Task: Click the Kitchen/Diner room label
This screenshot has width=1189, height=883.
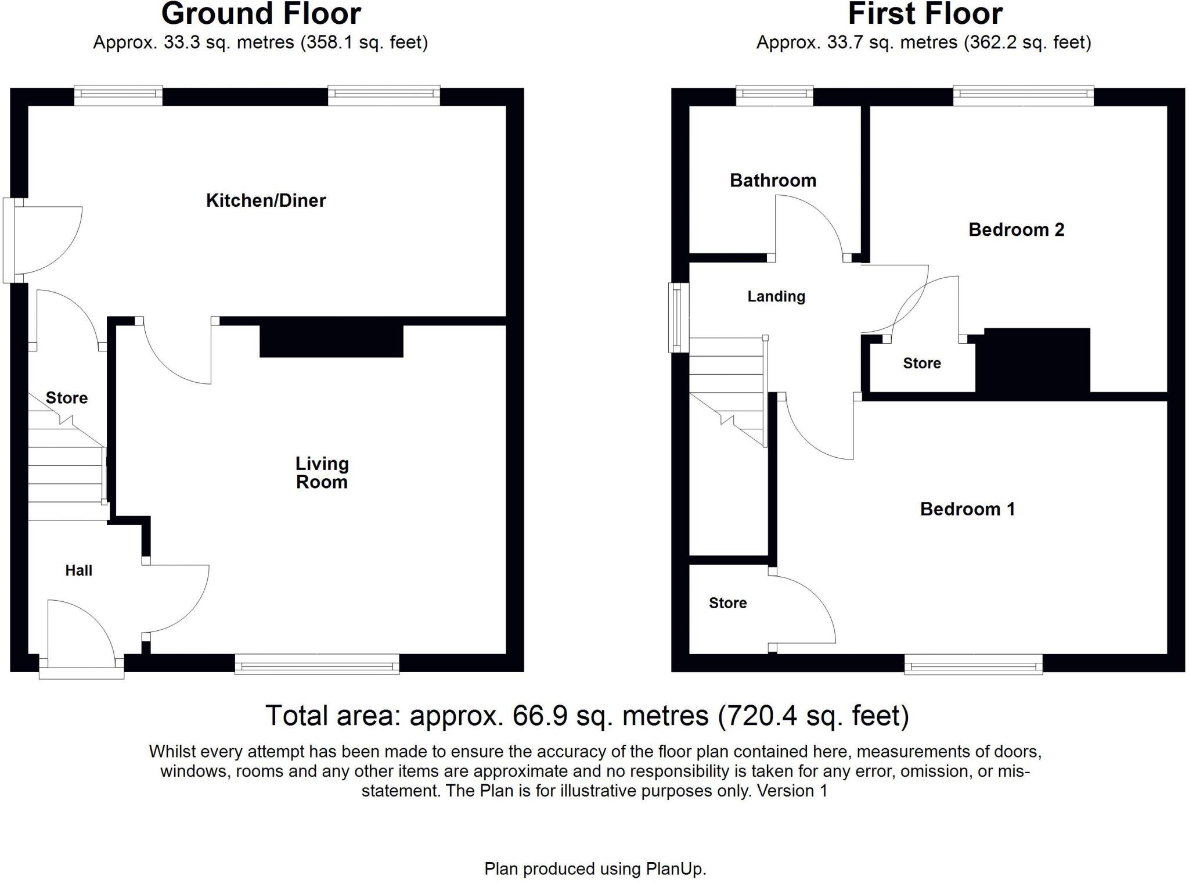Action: pos(266,200)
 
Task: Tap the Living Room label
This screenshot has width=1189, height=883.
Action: pos(322,473)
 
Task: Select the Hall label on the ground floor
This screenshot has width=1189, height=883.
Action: pos(78,570)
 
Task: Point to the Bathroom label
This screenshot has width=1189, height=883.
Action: pos(773,181)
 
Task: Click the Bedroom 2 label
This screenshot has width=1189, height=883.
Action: pos(1016,230)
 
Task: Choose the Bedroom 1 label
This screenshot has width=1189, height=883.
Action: pos(967,509)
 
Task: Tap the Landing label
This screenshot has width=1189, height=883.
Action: pos(776,297)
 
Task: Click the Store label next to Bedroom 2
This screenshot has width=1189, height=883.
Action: pos(921,364)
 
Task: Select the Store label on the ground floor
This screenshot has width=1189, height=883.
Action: pos(67,398)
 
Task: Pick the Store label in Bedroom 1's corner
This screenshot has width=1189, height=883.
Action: pos(727,603)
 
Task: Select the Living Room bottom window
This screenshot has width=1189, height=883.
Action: pos(317,664)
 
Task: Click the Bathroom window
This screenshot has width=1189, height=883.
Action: pos(774,95)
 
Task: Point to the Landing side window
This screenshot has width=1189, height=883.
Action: pos(678,318)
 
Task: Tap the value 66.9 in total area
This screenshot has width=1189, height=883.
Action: pos(539,716)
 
